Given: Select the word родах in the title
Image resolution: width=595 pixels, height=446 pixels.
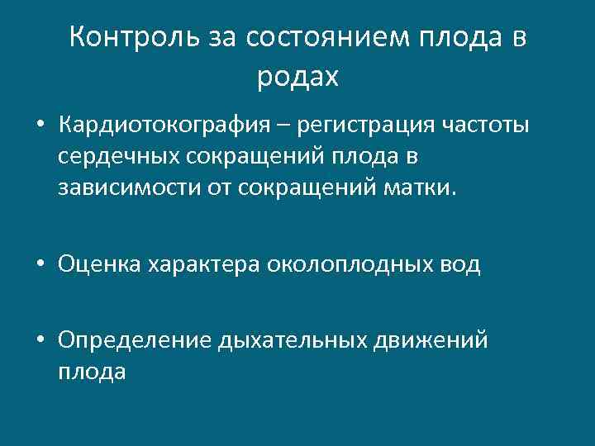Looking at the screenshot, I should [297, 78].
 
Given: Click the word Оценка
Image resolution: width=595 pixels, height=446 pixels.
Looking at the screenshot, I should [98, 264].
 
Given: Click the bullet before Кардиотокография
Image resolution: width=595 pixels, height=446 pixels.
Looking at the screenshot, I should [40, 128].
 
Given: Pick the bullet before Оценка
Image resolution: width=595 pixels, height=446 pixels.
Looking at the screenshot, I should [40, 265].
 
